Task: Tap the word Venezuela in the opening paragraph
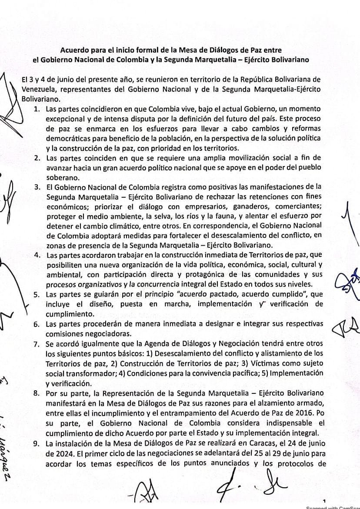click(38, 89)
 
